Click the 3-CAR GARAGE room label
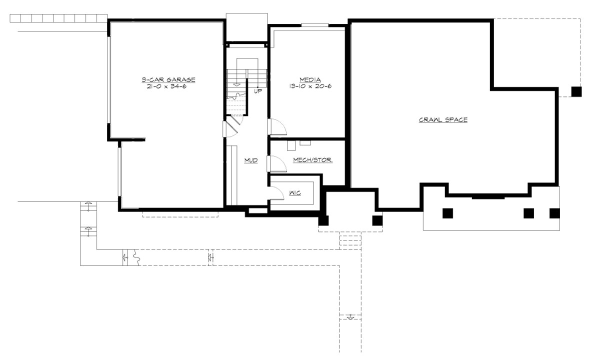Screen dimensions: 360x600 point(168,79)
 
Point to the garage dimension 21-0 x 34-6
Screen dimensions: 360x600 point(168,86)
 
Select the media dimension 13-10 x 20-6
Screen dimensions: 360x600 point(310,86)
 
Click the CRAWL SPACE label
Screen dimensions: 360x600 point(443,120)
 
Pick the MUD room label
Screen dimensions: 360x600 point(251,160)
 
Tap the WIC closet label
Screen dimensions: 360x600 point(295,193)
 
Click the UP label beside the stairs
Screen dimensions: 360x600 point(258,91)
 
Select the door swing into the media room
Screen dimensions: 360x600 point(277,127)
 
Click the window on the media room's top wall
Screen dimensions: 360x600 point(315,24)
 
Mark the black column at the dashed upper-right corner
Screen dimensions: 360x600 point(576,91)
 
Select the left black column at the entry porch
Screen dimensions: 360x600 point(323,220)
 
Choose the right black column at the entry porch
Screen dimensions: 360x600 point(377,220)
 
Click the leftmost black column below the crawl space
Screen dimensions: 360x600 point(447,213)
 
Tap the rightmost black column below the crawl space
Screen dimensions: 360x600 point(554,213)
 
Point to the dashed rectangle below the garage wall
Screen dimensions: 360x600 point(180,214)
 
